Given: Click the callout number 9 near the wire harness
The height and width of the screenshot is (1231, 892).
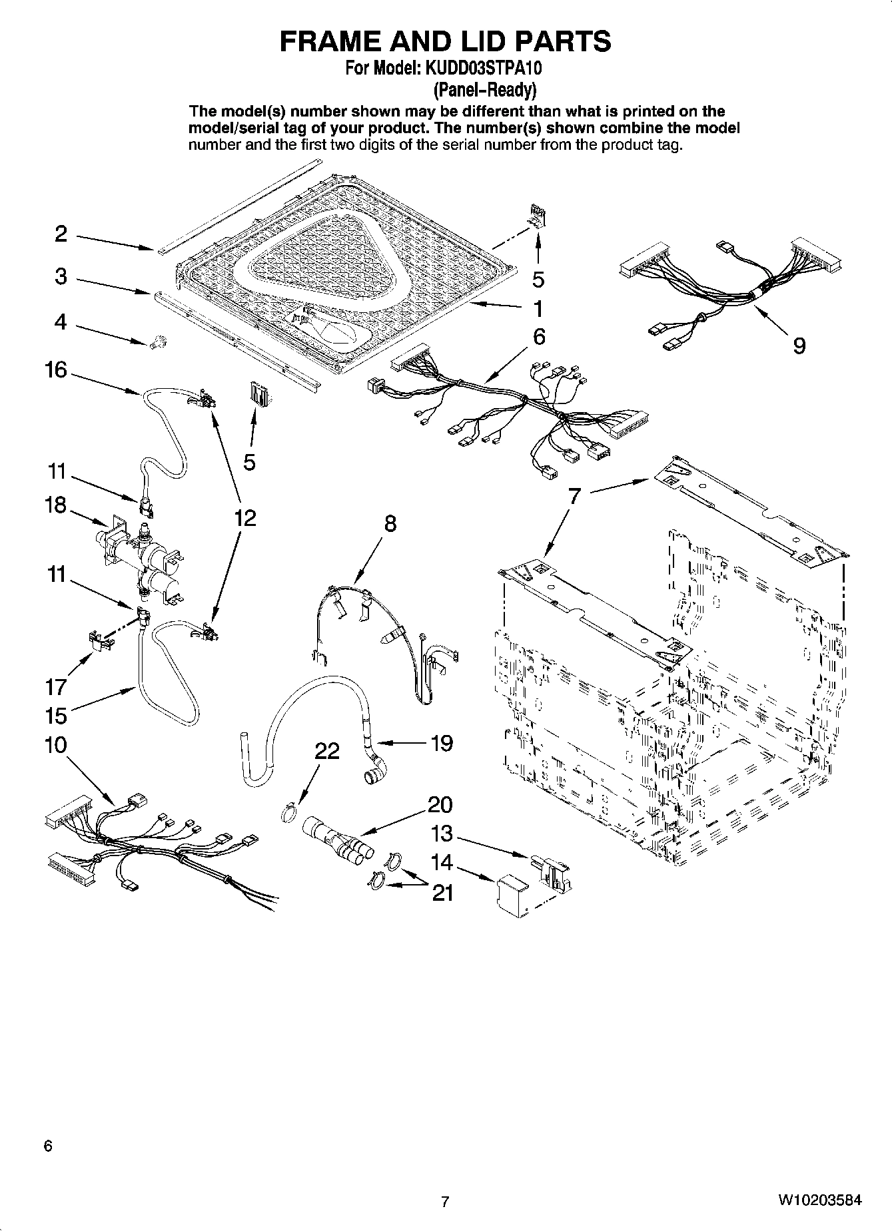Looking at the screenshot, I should click(x=799, y=346).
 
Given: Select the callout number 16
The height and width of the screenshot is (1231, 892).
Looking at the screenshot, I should click(x=57, y=369).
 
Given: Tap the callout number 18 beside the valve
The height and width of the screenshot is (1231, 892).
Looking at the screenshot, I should click(x=56, y=505).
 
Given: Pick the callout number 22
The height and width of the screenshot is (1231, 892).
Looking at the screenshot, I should click(x=327, y=751).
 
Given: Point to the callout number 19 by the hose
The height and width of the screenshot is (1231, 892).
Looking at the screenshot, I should click(x=442, y=742).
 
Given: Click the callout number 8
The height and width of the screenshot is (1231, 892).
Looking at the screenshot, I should click(x=390, y=524).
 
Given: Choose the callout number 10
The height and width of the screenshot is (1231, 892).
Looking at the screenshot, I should click(x=56, y=744).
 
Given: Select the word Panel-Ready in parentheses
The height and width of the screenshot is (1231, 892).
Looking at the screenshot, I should click(x=484, y=89).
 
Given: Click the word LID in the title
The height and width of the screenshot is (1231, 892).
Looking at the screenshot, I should click(x=478, y=41).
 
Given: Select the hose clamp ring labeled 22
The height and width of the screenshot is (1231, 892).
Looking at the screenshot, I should click(x=287, y=813).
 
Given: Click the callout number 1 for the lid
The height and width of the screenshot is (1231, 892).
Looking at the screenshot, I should click(x=538, y=310).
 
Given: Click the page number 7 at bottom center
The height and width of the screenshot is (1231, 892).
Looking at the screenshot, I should click(x=445, y=1202).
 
